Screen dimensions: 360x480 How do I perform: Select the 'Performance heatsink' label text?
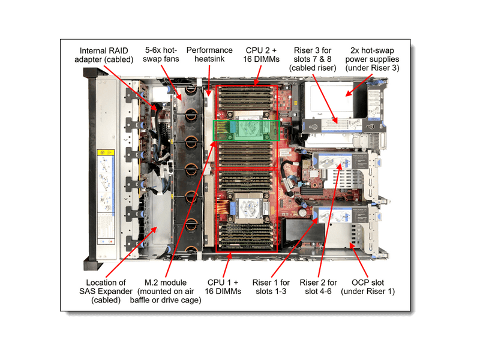tap(209, 55)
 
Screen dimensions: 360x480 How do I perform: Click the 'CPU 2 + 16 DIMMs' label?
tap(262, 55)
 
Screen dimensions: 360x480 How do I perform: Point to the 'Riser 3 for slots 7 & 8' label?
tap(315, 59)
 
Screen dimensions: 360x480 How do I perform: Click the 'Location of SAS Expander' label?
tap(105, 291)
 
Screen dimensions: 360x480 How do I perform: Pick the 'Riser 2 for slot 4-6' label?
tap(318, 287)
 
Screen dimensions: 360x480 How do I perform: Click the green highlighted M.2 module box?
tap(247, 130)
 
